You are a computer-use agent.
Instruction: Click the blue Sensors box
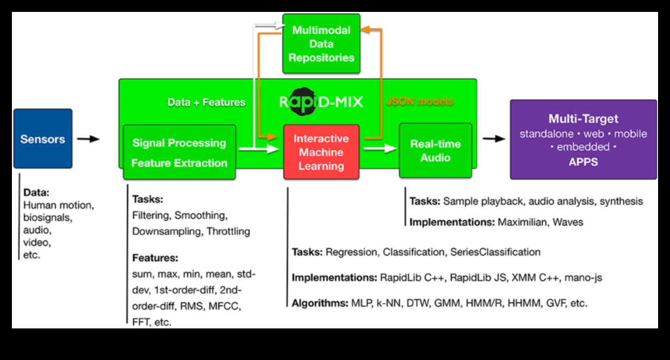tap(42, 139)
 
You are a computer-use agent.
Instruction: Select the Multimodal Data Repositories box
tap(321, 44)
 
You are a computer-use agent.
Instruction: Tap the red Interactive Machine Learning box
tap(321, 152)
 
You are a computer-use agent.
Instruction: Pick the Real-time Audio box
tap(435, 150)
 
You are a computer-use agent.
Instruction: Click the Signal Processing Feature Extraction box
tap(179, 152)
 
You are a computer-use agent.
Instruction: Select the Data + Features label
tap(206, 102)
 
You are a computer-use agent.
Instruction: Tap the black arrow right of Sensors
tap(88, 139)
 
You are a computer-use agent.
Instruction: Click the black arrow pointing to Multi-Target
tap(494, 139)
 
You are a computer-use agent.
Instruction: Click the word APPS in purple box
tap(583, 162)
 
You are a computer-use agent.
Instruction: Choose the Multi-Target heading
tap(583, 119)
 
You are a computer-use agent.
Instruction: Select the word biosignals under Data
tap(47, 218)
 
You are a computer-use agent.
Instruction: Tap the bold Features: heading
tap(155, 258)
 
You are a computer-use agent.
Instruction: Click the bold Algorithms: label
tap(320, 303)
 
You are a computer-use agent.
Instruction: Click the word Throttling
tap(228, 231)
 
